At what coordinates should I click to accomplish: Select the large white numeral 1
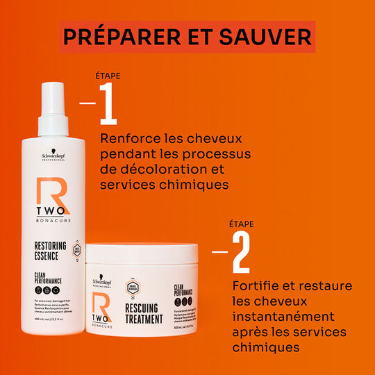[109, 103]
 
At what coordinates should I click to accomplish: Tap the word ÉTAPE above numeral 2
[241, 224]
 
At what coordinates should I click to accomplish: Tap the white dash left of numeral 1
[87, 103]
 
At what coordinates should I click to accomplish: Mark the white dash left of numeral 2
[219, 252]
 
